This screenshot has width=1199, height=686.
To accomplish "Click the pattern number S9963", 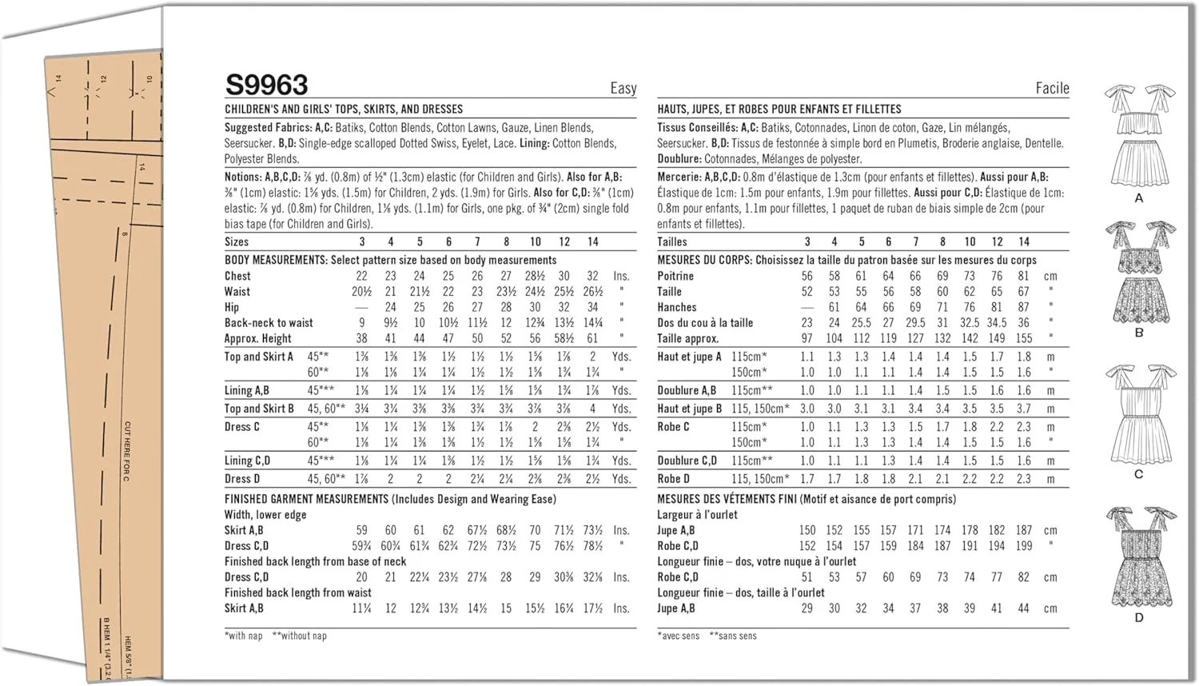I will tap(266, 85).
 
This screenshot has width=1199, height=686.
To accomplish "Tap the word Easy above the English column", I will tap(623, 89).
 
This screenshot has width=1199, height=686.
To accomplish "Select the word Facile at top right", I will tap(1052, 89).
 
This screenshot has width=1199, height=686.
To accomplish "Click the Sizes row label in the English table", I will tap(237, 241).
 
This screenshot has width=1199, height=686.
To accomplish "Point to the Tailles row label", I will tap(671, 241).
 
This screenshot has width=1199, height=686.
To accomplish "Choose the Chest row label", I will tap(237, 276).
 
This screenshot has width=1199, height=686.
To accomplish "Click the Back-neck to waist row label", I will tap(269, 323).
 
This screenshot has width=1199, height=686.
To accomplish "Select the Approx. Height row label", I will tap(257, 338).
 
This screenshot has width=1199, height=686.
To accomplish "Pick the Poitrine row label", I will tap(675, 276).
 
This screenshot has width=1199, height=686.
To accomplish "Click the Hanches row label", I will tap(676, 307).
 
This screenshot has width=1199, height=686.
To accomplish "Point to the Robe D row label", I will tap(673, 479).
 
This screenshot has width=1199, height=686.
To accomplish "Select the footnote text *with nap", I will tap(244, 636).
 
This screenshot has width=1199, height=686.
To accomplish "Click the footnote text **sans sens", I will tap(733, 636).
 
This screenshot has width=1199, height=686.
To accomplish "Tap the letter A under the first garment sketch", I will tap(1139, 197).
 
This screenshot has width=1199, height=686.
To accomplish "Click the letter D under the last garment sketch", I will tap(1139, 617).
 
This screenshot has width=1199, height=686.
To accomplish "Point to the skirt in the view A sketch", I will tap(1139, 162).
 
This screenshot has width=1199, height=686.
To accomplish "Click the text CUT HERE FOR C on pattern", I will tap(126, 451).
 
